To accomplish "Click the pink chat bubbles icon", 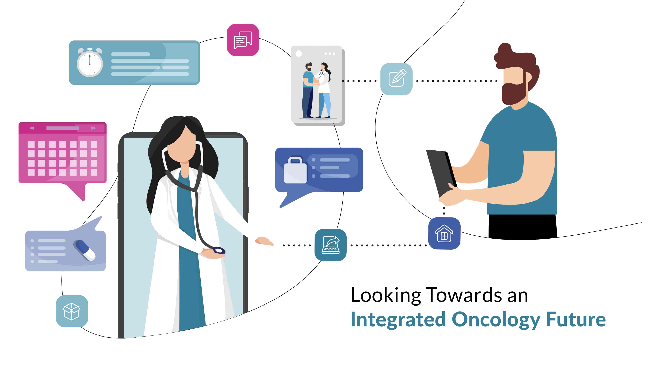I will coord(243,40).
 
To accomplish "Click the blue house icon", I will coord(444,233).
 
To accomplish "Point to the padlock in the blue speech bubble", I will coord(295,170).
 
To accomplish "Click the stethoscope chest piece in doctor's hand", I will coord(219,251).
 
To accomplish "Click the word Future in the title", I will coord(576,320).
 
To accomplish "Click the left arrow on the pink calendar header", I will coord(31,128).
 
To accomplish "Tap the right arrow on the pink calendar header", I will coord(94,128).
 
